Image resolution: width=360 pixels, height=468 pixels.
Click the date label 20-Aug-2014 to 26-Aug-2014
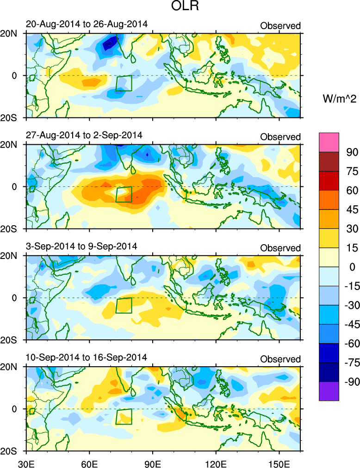(x=87, y=25)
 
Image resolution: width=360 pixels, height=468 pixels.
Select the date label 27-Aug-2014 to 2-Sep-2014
(x=84, y=135)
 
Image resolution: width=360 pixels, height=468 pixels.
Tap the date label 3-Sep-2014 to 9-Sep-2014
(x=81, y=246)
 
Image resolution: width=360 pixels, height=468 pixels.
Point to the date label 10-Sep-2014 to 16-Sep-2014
(x=87, y=357)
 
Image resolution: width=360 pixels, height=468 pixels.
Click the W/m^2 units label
(x=340, y=99)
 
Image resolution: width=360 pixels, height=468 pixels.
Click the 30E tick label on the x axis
(x=25, y=462)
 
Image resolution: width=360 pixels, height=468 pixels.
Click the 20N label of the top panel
(x=11, y=34)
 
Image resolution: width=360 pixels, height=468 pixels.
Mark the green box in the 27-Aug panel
(x=124, y=194)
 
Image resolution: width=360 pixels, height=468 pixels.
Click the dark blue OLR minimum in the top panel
(x=110, y=44)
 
